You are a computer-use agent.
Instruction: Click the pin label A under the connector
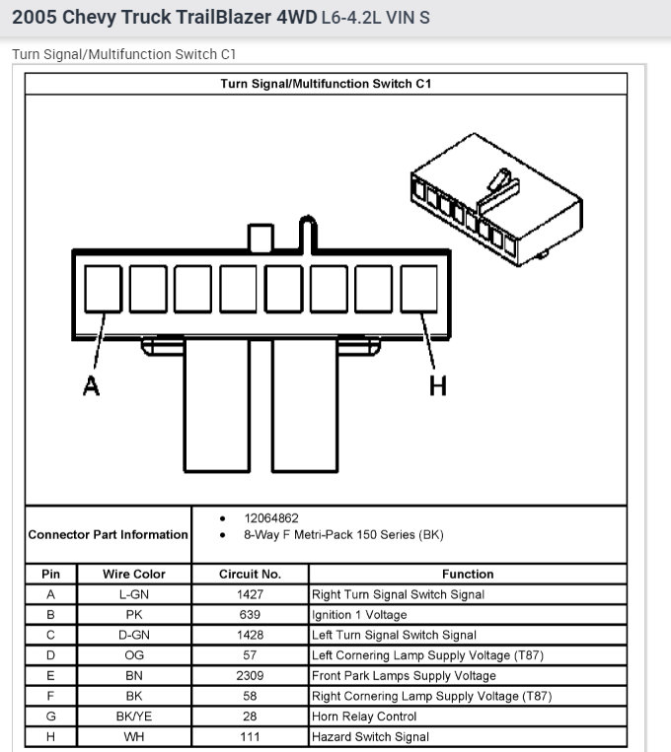click(x=91, y=386)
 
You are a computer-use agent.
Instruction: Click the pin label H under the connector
click(x=437, y=386)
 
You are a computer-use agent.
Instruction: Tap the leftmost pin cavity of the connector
click(x=103, y=289)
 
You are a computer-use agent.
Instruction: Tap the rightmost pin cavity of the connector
click(x=418, y=289)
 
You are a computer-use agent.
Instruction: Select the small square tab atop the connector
click(x=261, y=238)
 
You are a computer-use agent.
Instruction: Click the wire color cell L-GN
click(x=133, y=594)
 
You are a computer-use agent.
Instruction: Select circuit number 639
click(x=250, y=615)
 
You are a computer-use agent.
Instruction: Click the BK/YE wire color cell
click(x=133, y=717)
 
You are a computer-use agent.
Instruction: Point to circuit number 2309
click(x=250, y=676)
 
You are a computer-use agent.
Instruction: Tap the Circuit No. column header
click(x=250, y=574)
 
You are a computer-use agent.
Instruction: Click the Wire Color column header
click(x=133, y=574)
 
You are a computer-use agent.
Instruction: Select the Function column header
click(x=468, y=574)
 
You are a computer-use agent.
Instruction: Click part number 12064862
click(x=271, y=517)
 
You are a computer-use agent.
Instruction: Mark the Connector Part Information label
click(x=108, y=534)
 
